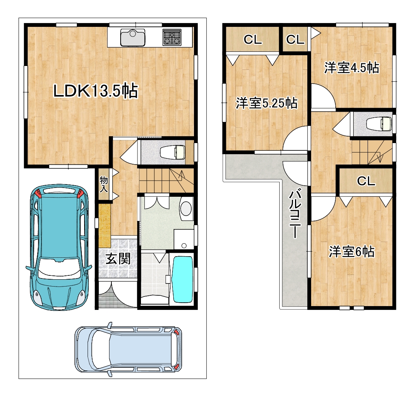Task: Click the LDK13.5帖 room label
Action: coord(96,91)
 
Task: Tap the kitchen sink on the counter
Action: coord(133,38)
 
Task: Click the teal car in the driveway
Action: coord(59,247)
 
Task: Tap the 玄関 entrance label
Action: coord(118,259)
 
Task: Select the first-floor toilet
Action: coord(172,152)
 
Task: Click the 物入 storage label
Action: coord(104,184)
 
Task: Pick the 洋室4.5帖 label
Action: coord(351,68)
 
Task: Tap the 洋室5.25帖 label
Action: coord(267,103)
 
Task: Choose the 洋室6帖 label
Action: coord(352,252)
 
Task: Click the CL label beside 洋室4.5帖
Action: coord(295,40)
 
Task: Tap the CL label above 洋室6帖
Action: coord(366,181)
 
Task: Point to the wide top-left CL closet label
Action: coord(253,40)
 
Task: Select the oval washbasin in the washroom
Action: coord(186,208)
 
